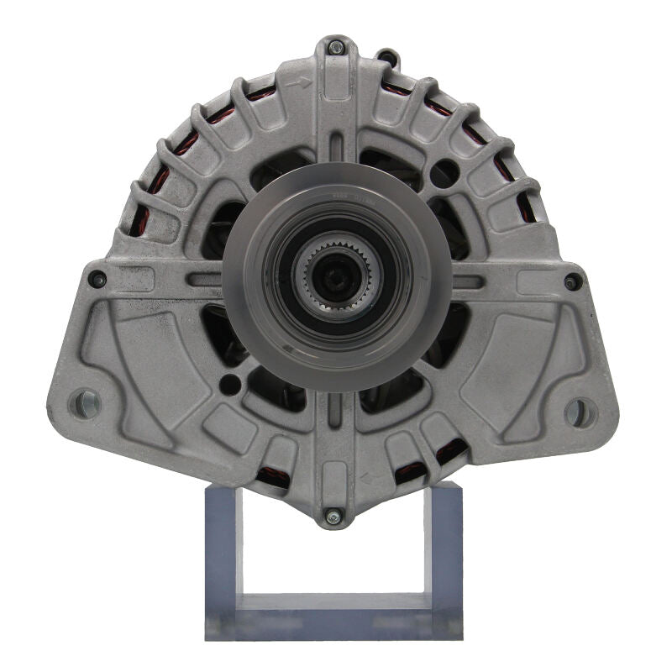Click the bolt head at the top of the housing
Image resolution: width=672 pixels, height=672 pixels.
coord(335,47)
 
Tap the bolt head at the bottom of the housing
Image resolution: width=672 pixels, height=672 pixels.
coord(333,516)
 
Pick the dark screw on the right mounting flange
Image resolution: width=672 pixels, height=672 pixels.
coord(573,281)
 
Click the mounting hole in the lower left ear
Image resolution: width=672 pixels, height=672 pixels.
coord(85,403)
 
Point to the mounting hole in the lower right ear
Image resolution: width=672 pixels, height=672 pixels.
coord(578,412)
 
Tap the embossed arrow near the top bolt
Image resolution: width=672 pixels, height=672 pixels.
coord(302,83)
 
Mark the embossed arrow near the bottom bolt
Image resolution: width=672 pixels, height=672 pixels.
coord(368,480)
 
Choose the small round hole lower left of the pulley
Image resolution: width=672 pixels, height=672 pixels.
coord(228,385)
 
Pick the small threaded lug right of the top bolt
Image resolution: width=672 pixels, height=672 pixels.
coord(386,58)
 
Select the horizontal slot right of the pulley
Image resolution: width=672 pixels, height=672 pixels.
coord(468,281)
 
